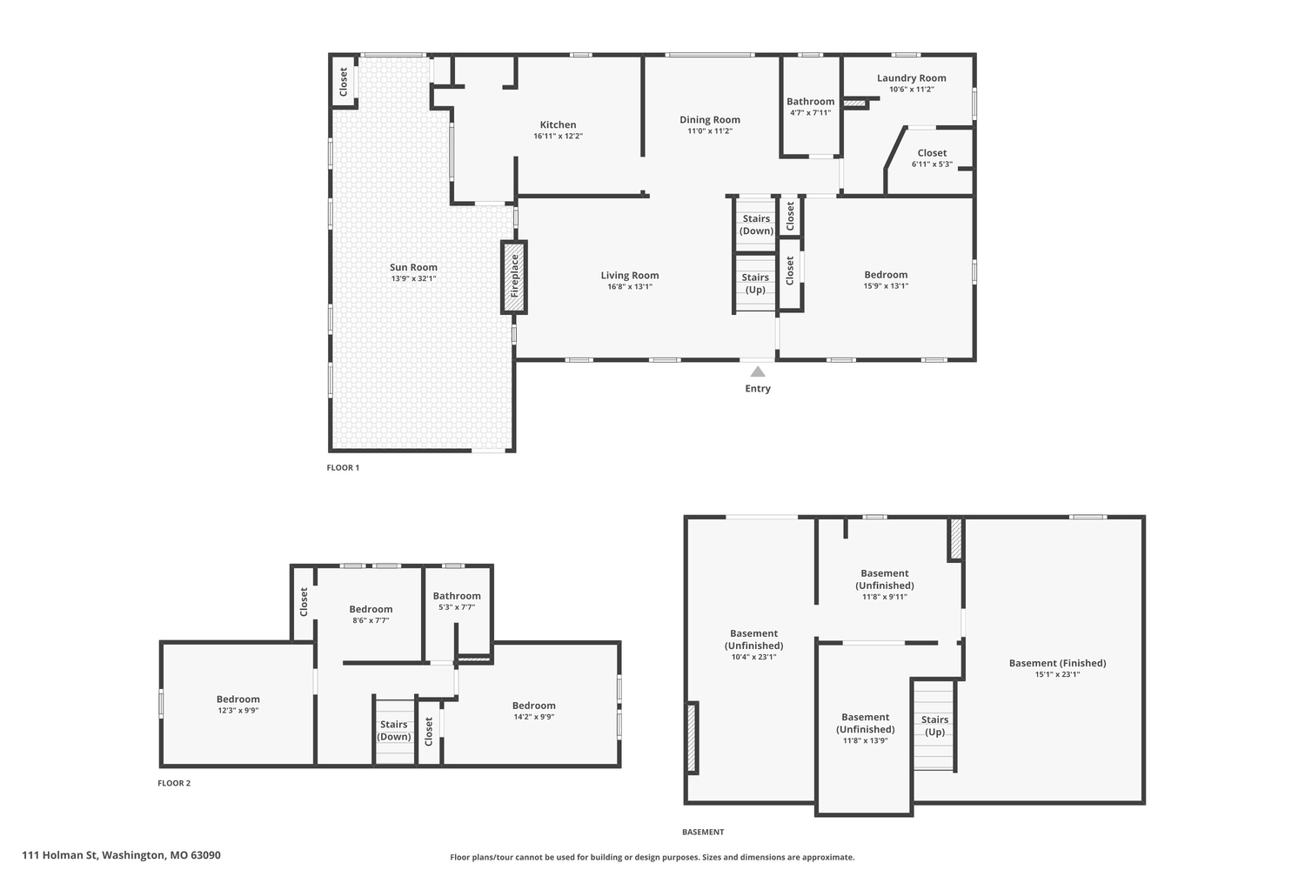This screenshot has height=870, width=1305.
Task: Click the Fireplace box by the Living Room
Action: [514, 277]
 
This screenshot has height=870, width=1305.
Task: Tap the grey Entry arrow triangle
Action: [758, 371]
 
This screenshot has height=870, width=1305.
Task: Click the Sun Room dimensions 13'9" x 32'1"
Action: [413, 278]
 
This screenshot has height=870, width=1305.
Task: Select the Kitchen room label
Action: [559, 124]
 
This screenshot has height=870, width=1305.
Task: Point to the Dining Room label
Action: [710, 119]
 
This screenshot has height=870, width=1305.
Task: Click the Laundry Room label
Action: [911, 78]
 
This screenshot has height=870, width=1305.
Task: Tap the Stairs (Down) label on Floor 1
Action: [756, 224]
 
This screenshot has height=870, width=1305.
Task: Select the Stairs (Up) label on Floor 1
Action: [755, 284]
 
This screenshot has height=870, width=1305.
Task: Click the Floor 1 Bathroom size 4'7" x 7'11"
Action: [810, 112]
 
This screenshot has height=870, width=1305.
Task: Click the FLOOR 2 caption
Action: [174, 783]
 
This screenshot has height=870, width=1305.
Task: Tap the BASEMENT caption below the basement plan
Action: [703, 832]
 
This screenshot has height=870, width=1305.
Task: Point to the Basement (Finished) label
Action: [1057, 663]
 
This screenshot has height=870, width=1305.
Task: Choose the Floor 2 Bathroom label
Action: [457, 596]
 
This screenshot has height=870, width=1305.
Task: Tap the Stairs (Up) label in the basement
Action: [934, 726]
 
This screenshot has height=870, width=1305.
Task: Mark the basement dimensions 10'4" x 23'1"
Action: [754, 657]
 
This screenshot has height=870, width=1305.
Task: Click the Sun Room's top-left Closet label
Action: [343, 82]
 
